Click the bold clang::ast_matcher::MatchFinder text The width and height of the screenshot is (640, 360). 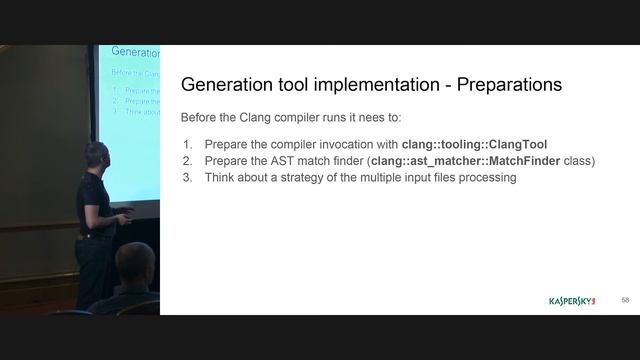[x=465, y=160]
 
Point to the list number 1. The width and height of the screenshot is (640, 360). [x=186, y=143]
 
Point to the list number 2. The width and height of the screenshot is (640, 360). [x=186, y=160]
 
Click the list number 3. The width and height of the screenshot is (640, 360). [x=186, y=177]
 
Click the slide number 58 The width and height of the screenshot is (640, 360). [x=625, y=300]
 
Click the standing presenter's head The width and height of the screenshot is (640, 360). [x=96, y=158]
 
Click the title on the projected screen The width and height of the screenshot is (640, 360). [x=135, y=52]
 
